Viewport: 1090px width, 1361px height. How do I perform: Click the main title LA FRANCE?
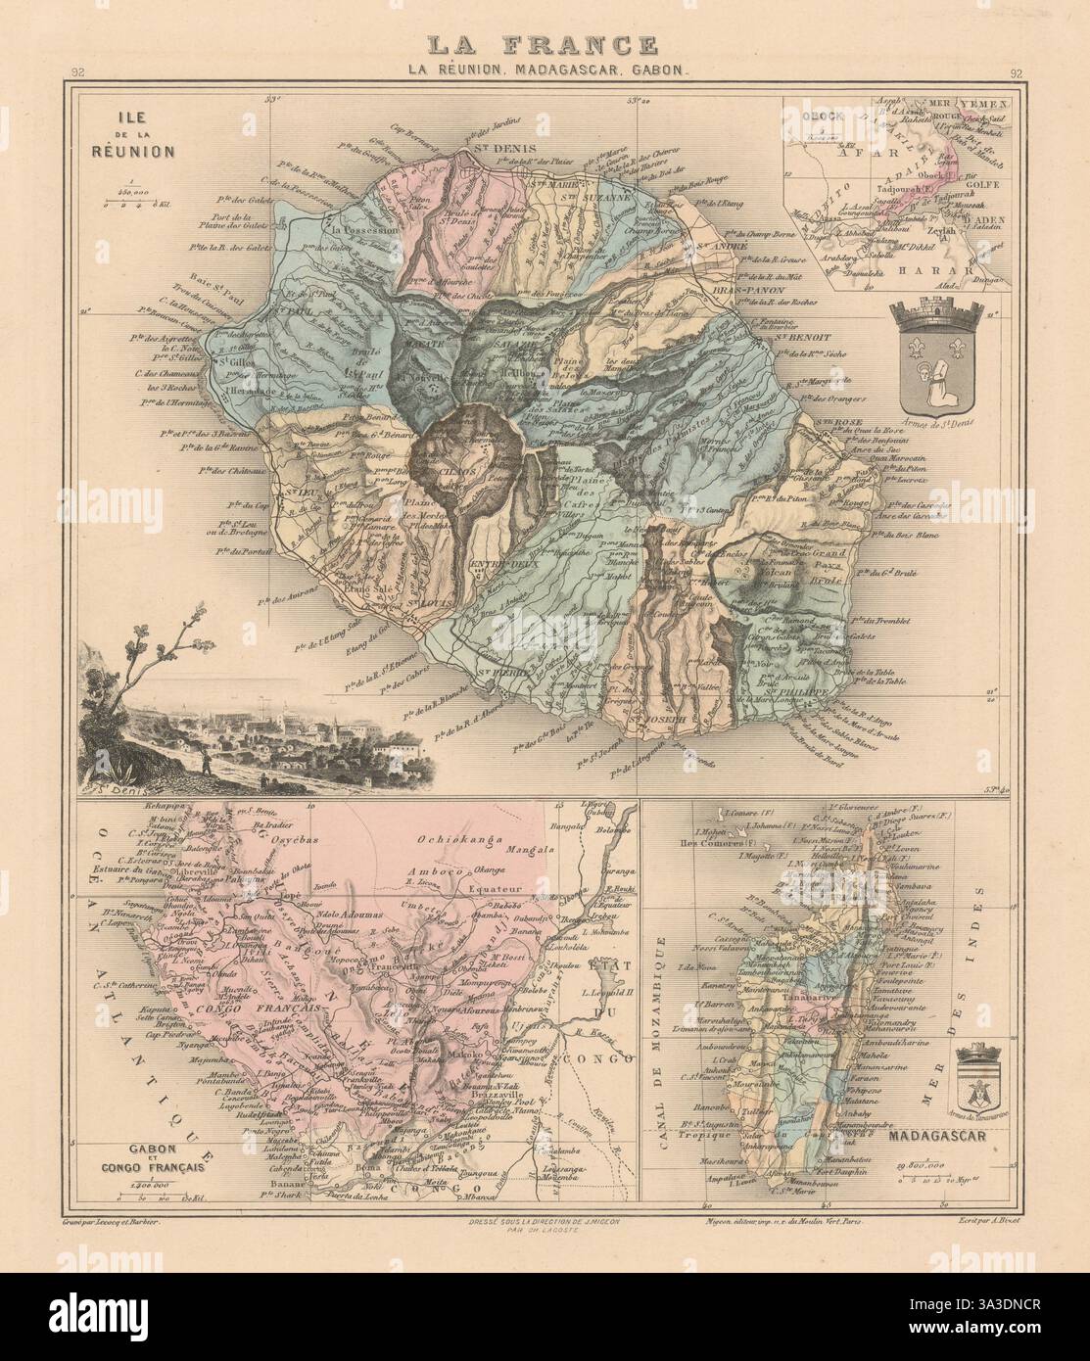pyautogui.click(x=545, y=45)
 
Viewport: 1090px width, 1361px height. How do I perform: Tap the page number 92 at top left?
pyautogui.click(x=76, y=71)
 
